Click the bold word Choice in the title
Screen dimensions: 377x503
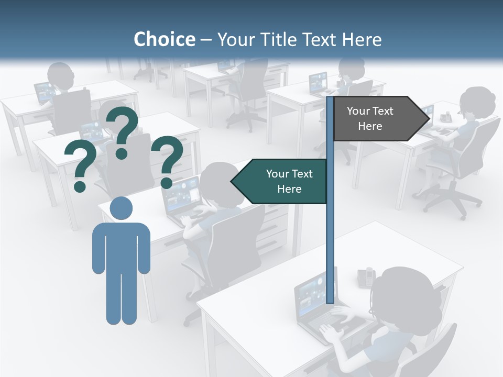click(164, 39)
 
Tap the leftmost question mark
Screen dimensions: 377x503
click(81, 168)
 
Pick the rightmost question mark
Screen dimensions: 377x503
click(167, 161)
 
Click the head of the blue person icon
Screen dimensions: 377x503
click(121, 208)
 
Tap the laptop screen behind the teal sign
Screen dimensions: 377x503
click(181, 194)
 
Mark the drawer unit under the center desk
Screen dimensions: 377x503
click(272, 230)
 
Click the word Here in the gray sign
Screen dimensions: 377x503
click(370, 126)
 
